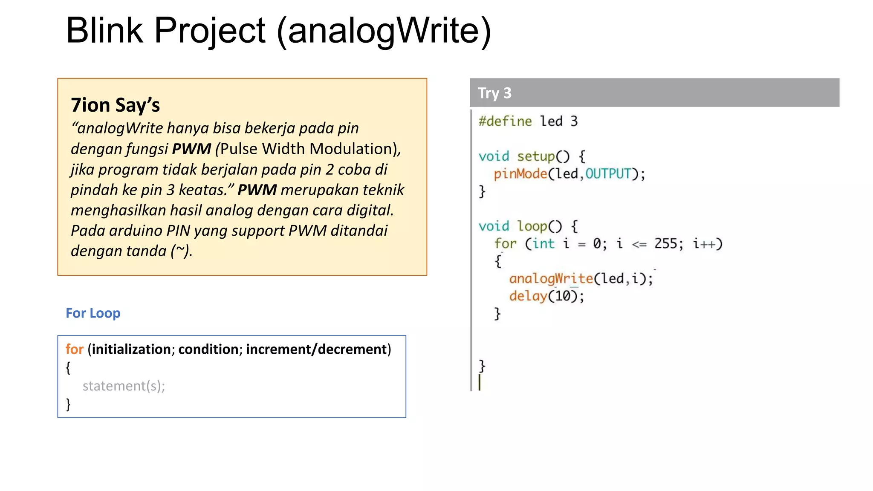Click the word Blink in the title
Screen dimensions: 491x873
point(104,31)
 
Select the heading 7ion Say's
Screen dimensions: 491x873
point(115,105)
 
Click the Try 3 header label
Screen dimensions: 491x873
point(494,93)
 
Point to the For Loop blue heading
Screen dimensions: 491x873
point(93,313)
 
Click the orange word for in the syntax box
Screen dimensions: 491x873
point(74,349)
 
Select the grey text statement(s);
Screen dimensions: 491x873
point(124,386)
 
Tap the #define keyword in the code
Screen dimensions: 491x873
point(505,121)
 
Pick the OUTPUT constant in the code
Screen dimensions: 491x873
point(607,174)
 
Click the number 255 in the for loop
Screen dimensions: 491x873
point(666,244)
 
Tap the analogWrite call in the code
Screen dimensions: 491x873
point(551,279)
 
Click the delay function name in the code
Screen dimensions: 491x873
point(528,296)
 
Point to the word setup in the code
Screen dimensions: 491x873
point(536,156)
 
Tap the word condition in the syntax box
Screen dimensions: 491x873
point(208,349)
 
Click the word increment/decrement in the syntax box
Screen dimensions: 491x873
point(316,349)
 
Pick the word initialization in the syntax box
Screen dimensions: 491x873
point(131,349)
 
